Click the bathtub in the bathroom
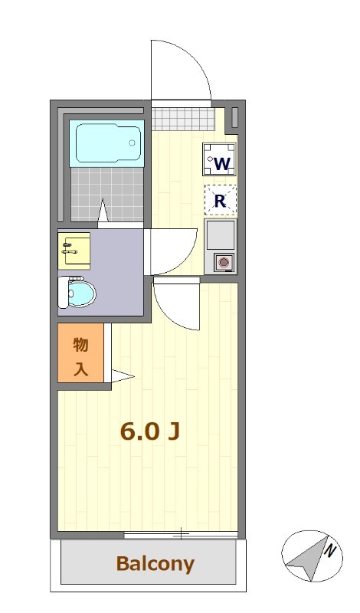click(108, 143)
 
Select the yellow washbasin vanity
click(75, 249)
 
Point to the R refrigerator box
click(220, 202)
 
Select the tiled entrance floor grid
click(181, 120)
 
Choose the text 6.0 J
click(150, 431)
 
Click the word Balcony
click(155, 565)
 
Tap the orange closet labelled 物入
click(80, 356)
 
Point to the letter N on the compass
click(329, 549)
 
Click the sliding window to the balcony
click(181, 533)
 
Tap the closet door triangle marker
click(123, 375)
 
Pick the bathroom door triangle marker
click(103, 209)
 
